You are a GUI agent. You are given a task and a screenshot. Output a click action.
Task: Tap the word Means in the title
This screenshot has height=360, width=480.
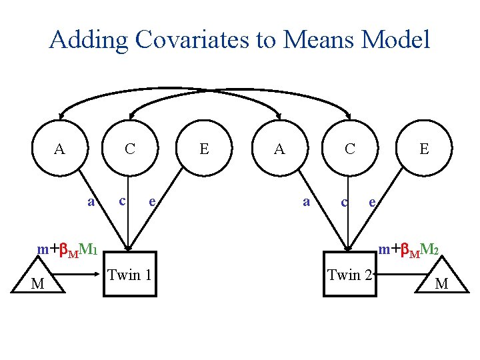319,40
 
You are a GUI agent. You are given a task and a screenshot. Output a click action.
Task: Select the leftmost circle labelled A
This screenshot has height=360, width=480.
60,149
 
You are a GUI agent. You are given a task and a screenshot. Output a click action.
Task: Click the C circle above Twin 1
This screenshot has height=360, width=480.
131,149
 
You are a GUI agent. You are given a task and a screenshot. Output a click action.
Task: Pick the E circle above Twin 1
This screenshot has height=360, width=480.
204,149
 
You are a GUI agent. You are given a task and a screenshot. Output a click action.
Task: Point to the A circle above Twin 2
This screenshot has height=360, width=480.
280,149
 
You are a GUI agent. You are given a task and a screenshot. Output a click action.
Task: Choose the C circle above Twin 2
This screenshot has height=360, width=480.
349,149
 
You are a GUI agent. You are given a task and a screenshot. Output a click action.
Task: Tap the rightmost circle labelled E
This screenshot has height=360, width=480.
424,149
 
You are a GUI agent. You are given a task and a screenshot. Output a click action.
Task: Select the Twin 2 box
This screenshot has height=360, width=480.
349,273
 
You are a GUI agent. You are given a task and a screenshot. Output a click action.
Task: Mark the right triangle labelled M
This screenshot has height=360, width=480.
441,281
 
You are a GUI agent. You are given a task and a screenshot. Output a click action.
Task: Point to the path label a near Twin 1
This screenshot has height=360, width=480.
91,201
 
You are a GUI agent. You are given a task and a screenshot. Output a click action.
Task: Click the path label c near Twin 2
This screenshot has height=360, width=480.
344,201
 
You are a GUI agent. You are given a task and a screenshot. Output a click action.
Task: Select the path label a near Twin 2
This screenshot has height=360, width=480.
305,201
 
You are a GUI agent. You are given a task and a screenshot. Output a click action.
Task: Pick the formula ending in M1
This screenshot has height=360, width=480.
68,250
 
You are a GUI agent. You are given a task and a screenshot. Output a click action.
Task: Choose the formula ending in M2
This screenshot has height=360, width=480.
407,250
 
